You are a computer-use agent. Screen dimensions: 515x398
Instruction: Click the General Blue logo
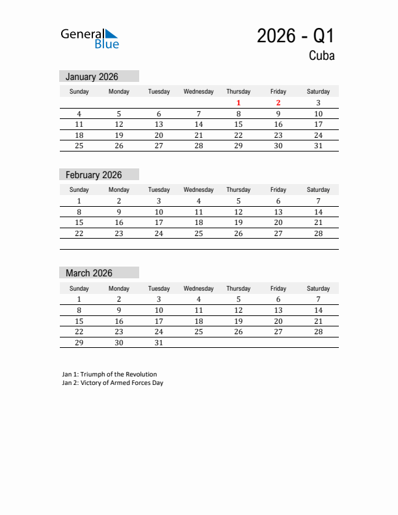[x=90, y=38]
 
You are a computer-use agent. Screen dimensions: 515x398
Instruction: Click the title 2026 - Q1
[x=295, y=36]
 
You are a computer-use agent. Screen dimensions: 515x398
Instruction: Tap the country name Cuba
[x=321, y=56]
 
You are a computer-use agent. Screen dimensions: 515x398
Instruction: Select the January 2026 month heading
[x=92, y=77]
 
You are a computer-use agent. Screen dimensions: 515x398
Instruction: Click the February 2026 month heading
[x=94, y=175]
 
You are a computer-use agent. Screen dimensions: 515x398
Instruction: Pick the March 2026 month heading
[x=89, y=273]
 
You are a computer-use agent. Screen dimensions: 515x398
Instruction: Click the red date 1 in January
[x=239, y=103]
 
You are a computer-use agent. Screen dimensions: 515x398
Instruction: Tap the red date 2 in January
[x=278, y=103]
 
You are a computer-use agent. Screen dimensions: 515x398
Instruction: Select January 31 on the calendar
[x=318, y=146]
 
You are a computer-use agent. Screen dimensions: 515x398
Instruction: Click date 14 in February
[x=318, y=212]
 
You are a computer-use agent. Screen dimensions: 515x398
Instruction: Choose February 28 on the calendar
[x=318, y=233]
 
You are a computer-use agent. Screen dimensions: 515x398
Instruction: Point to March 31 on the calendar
[x=159, y=342]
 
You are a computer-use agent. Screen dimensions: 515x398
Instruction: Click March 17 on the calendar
[x=159, y=321]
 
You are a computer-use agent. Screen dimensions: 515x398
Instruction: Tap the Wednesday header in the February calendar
[x=198, y=190]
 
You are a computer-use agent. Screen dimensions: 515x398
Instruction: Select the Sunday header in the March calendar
[x=79, y=288]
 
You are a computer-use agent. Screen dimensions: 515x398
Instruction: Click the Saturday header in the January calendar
[x=318, y=92]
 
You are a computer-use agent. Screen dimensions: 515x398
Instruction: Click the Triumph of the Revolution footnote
[x=109, y=375]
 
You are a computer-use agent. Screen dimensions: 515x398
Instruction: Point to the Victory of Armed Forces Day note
[x=113, y=383]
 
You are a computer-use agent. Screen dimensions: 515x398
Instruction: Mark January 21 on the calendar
[x=199, y=135]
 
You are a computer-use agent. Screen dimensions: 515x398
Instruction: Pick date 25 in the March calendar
[x=199, y=332]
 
